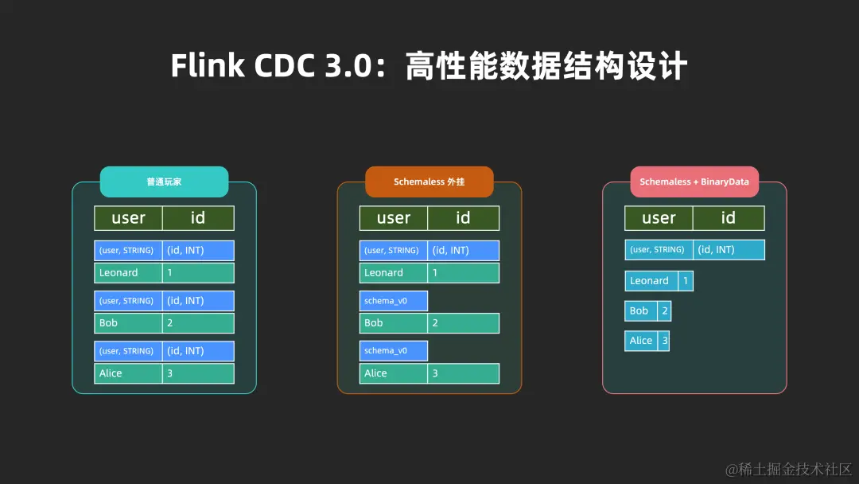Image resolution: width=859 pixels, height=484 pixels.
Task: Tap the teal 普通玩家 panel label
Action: coord(164,181)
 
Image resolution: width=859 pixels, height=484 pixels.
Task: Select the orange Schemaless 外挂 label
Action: coord(429,181)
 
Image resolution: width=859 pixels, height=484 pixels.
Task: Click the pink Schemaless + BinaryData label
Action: coord(694,181)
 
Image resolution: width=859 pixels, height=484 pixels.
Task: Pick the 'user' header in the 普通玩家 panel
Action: coord(128,218)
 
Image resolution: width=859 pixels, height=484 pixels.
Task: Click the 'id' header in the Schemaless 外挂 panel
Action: coord(463,218)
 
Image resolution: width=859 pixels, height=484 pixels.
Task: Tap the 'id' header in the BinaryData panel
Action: coord(728,218)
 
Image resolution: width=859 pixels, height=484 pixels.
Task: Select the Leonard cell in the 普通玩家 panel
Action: coord(128,273)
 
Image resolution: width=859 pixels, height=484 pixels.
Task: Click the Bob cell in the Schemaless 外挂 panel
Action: coord(393,323)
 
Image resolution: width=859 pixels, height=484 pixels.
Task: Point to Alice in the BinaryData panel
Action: coord(641,341)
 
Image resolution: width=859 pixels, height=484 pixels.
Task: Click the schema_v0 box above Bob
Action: coord(393,301)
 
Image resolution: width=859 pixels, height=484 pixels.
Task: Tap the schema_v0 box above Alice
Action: coord(393,351)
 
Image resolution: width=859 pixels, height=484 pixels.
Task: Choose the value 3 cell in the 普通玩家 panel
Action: coord(198,373)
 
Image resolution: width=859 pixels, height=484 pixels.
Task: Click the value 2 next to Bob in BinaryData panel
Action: coord(665,311)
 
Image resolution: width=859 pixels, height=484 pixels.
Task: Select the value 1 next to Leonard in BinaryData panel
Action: coord(686,281)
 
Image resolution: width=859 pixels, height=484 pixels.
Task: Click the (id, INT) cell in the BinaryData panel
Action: coord(728,250)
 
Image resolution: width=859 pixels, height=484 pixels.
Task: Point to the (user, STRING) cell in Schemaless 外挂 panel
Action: coord(393,251)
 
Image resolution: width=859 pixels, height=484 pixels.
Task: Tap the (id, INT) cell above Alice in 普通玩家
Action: coord(198,351)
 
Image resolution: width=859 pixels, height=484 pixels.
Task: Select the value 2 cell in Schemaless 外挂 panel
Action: coord(463,323)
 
